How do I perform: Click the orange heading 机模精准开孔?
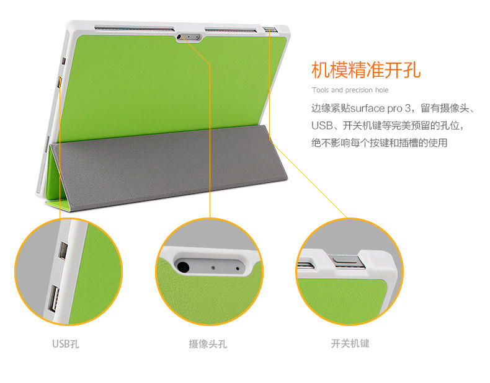[366, 70]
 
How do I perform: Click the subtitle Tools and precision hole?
[350, 90]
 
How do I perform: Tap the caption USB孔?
[66, 344]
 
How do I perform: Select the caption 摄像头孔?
[208, 344]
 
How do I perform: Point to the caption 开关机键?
[350, 344]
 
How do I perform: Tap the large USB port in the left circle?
[53, 299]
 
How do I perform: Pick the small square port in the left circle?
[63, 250]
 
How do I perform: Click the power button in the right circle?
[346, 261]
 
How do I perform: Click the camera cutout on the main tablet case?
[189, 37]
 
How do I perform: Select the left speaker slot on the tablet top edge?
[134, 29]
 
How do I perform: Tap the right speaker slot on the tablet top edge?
[231, 30]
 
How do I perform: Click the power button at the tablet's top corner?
[270, 30]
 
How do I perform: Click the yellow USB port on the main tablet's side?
[59, 82]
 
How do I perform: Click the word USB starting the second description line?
[321, 126]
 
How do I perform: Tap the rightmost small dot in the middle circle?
[238, 268]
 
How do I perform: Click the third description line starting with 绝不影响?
[380, 143]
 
